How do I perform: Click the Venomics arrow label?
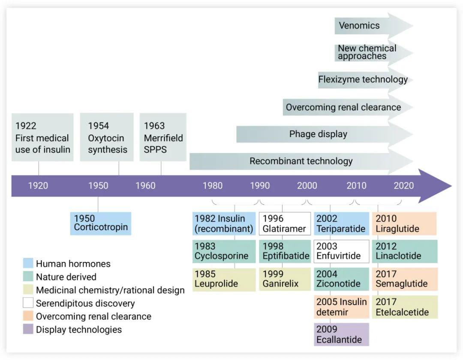pyautogui.click(x=359, y=26)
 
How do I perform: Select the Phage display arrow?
pyautogui.click(x=318, y=134)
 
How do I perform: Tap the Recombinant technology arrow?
pyautogui.click(x=301, y=161)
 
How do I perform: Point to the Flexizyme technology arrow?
pyautogui.click(x=363, y=80)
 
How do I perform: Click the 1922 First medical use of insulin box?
pyautogui.click(x=42, y=138)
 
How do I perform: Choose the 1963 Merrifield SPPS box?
pyautogui.click(x=163, y=138)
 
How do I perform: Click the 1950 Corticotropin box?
pyautogui.click(x=101, y=223)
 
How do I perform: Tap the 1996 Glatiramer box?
pyautogui.click(x=285, y=223)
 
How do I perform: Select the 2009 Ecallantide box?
pyautogui.click(x=341, y=334)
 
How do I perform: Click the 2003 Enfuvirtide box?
pyautogui.click(x=341, y=251)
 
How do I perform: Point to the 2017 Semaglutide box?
pyautogui.click(x=405, y=279)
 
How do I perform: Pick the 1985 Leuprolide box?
pyautogui.click(x=224, y=279)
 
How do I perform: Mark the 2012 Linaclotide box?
pyautogui.click(x=405, y=251)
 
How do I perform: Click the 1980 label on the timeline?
pyautogui.click(x=213, y=186)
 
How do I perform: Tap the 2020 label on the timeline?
pyautogui.click(x=404, y=186)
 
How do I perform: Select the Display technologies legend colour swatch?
pyautogui.click(x=28, y=330)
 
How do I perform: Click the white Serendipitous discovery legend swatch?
pyautogui.click(x=28, y=303)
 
